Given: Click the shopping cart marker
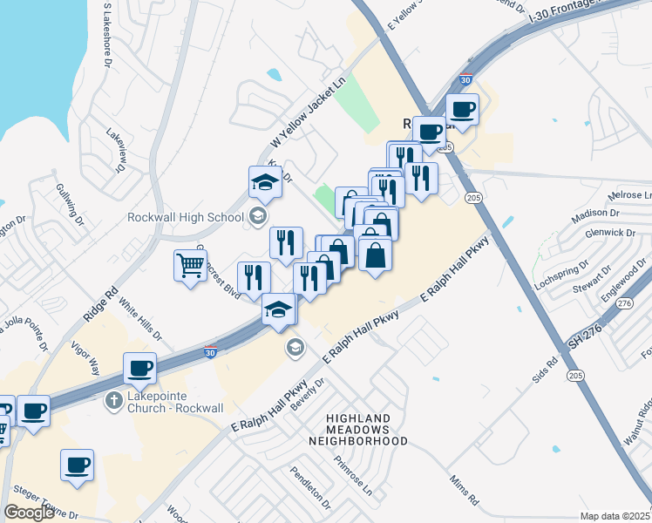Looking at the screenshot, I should [x=190, y=265].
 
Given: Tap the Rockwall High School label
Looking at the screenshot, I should [x=184, y=217].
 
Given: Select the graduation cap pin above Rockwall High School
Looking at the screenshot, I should [x=265, y=182].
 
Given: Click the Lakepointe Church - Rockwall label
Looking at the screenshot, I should [x=175, y=402].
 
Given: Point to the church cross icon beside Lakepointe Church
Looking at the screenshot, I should [x=112, y=402].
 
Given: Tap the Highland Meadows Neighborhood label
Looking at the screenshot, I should [x=357, y=430].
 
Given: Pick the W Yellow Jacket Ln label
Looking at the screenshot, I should [x=308, y=113].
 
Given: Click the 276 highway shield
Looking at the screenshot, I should [x=623, y=303].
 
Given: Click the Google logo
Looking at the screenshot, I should [x=29, y=513].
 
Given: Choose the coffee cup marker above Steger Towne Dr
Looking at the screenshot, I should [x=77, y=465].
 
